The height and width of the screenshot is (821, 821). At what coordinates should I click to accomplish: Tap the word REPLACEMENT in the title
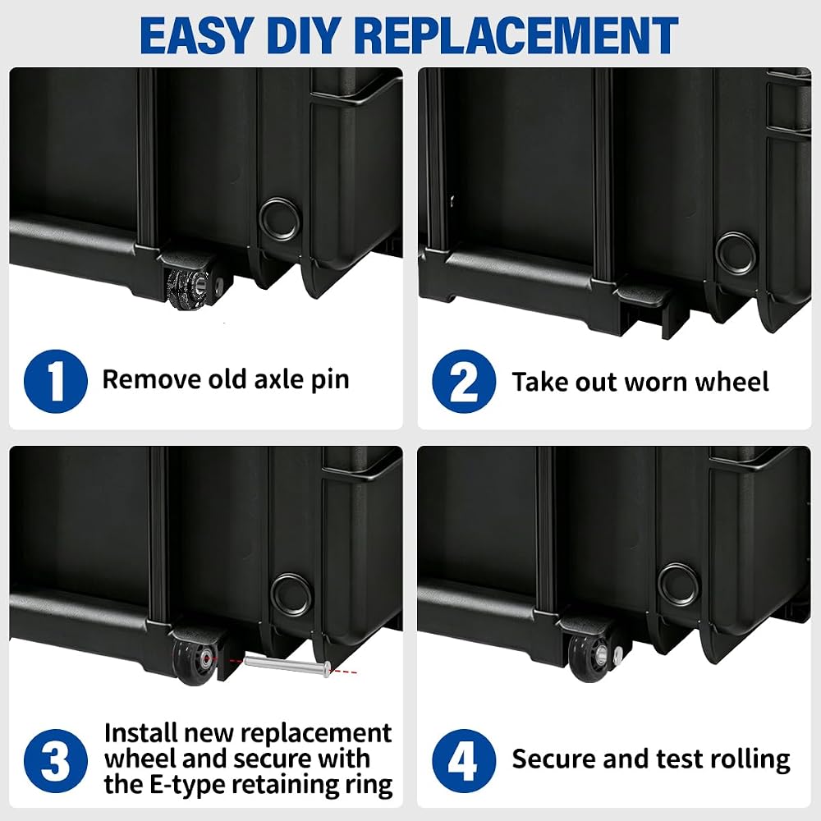click(516, 35)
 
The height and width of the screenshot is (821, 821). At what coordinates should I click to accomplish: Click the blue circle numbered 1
click(56, 381)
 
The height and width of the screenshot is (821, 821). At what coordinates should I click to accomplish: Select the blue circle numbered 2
click(464, 381)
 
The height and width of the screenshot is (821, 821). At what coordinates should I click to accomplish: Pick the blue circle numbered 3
click(56, 760)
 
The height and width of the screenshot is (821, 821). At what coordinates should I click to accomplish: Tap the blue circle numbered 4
click(464, 760)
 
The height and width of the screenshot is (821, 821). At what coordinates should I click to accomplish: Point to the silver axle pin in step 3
click(287, 665)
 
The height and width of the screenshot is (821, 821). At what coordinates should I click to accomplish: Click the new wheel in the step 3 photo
click(195, 657)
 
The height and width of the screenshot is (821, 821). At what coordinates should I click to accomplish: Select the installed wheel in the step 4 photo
click(588, 657)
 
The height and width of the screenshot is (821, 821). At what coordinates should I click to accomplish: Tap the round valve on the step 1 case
click(280, 219)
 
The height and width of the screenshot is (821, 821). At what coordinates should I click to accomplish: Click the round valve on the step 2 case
click(736, 254)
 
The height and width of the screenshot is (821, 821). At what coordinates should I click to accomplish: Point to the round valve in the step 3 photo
click(291, 594)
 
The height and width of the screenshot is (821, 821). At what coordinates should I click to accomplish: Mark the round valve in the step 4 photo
click(679, 585)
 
